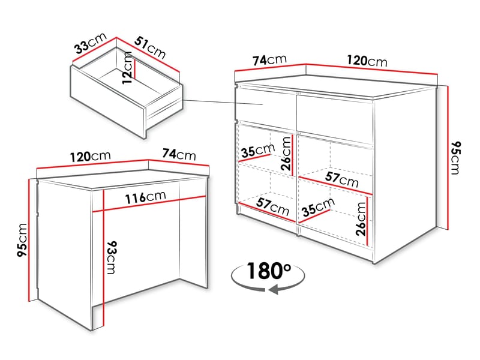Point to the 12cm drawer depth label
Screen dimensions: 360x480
pos(127,69)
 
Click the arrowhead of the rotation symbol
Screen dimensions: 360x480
pos(273,291)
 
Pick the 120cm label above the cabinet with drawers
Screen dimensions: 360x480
pos(367,61)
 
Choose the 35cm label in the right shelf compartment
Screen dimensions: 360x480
pos(317,208)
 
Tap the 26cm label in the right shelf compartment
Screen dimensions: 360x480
pos(361,219)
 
